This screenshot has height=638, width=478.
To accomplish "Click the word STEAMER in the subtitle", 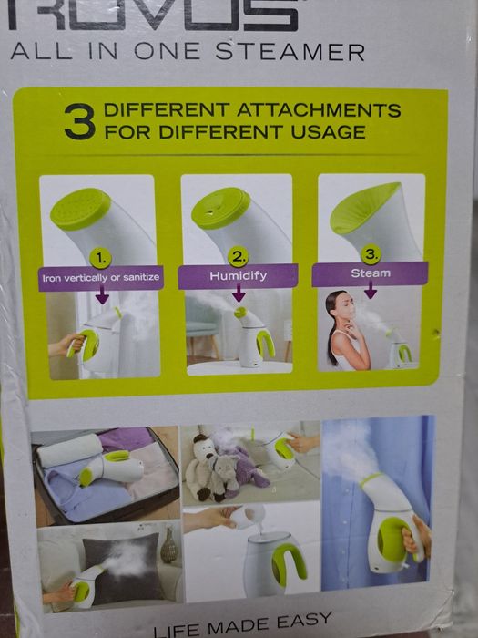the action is point(290,52).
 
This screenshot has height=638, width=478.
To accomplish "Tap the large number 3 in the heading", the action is point(80,121).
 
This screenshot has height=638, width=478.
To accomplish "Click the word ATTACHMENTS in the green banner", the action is point(319,110).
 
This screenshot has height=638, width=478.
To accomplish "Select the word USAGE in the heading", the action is point(328,132).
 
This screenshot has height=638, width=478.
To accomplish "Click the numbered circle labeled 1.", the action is point(101,258).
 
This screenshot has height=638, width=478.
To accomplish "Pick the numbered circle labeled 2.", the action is point(239,257).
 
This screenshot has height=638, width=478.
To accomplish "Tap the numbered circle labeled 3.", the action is point(371,254).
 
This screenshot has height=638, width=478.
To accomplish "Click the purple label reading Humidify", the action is point(239,276).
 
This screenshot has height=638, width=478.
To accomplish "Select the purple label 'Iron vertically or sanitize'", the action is point(101,278).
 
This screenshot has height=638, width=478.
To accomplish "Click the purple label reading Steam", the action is point(371,273).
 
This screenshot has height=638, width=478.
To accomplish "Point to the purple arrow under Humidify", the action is point(239,293).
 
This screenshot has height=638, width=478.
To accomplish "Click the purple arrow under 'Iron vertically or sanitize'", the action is point(102,294).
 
